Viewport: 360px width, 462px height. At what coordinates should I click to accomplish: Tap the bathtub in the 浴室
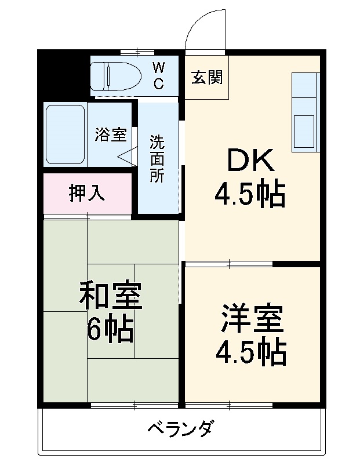pyautogui.click(x=66, y=134)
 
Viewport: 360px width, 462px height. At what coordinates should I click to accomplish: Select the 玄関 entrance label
pyautogui.click(x=207, y=77)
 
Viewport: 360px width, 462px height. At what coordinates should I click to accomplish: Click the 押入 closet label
pyautogui.click(x=87, y=193)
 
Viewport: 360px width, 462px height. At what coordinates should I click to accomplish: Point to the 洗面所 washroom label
pyautogui.click(x=157, y=159)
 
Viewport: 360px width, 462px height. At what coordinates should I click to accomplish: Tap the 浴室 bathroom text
pyautogui.click(x=111, y=134)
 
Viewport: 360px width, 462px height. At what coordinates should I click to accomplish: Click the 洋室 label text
pyautogui.click(x=251, y=318)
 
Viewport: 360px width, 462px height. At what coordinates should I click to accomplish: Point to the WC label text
pyautogui.click(x=158, y=75)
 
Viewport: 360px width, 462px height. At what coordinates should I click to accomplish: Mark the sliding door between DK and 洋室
pyautogui.click(x=229, y=264)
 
